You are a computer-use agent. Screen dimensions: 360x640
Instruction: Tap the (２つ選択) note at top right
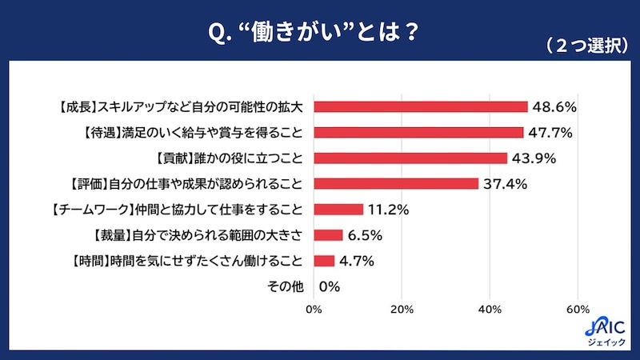tap(586, 46)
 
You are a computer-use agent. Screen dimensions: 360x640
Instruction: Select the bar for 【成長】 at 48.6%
tap(421, 106)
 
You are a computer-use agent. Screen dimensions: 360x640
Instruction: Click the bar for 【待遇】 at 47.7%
tap(418, 132)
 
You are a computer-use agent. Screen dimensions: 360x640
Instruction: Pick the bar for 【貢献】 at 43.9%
tap(410, 158)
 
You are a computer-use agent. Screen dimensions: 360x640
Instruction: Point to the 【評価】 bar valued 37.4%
tap(396, 183)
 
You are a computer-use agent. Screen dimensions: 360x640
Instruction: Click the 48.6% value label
tap(555, 106)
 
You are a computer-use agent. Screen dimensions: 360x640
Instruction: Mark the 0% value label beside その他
tap(330, 286)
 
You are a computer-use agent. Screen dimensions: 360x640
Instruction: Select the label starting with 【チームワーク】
tap(175, 210)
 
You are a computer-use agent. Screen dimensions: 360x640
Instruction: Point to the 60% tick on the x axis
tap(578, 310)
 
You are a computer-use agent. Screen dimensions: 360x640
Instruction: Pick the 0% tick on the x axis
tap(314, 310)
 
